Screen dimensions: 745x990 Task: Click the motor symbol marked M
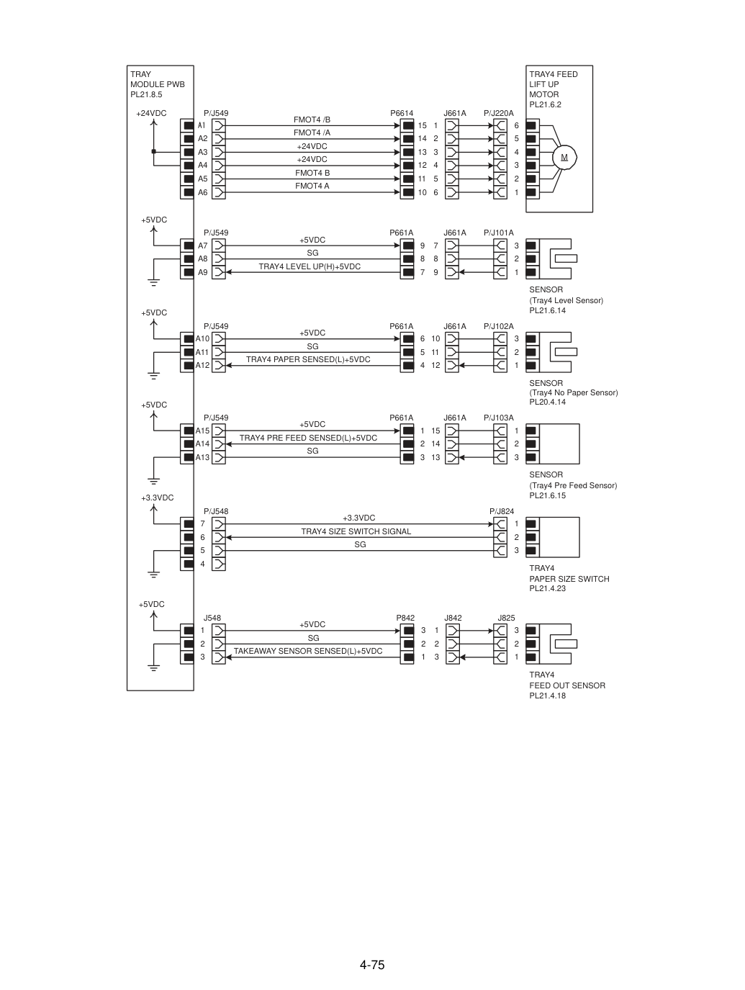pos(564,158)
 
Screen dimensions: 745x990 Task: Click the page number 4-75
pos(372,964)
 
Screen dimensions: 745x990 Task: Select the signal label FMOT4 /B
pos(312,120)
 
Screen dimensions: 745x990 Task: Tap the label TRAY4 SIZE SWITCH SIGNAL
pos(356,531)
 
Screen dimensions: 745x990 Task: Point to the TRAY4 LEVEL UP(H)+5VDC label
pos(310,266)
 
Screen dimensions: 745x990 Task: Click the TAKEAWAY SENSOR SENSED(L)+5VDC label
pos(307,651)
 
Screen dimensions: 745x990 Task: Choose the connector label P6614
pos(402,113)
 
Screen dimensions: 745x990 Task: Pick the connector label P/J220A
pos(499,113)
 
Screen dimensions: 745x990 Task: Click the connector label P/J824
pos(502,511)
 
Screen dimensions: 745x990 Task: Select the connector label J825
pos(506,618)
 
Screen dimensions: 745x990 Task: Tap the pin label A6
pos(202,192)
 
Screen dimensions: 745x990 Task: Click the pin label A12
pos(202,365)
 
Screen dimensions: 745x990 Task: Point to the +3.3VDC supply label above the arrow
pos(158,498)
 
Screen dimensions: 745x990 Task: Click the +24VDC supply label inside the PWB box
pos(151,113)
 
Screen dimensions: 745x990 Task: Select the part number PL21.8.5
pos(146,95)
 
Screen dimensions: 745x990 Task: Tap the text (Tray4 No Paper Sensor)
pos(573,393)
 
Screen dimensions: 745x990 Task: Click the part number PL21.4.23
pos(547,588)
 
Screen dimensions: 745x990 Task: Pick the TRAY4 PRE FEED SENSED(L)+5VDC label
pos(308,438)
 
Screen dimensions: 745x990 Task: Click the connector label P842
pos(405,618)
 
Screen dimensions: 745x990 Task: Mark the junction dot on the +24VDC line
pos(154,151)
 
